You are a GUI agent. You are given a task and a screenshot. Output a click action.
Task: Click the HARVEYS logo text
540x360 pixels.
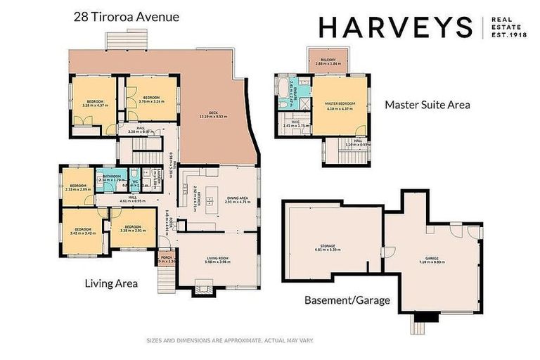[x=395, y=27]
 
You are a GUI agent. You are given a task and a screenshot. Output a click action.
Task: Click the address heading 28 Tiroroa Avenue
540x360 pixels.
[x=127, y=16]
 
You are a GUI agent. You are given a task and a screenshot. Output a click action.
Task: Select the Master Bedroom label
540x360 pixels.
[x=341, y=105]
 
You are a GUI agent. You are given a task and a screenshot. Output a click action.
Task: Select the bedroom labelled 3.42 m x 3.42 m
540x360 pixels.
[x=83, y=231]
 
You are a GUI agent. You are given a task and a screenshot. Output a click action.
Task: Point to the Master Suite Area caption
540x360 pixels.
[x=427, y=105]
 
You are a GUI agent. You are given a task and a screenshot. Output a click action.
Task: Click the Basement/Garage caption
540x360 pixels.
[x=347, y=300]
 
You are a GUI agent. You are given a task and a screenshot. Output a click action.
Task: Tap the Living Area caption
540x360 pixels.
[x=110, y=283]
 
